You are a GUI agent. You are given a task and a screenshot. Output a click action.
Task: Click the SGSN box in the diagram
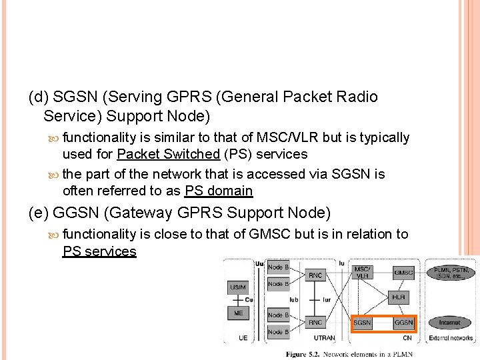(x=362, y=323)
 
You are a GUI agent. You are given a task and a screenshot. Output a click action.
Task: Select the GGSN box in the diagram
(x=404, y=323)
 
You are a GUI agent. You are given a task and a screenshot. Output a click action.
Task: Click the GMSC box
(x=403, y=272)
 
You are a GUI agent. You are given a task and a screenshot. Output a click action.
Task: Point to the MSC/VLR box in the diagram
(x=363, y=272)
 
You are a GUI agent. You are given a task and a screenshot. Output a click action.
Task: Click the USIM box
(x=238, y=287)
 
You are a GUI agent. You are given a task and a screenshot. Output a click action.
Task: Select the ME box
(x=238, y=313)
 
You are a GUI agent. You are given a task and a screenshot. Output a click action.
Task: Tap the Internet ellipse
(x=449, y=323)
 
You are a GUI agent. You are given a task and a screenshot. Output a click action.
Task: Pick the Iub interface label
(x=293, y=300)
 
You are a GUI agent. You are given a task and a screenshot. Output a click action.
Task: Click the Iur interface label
(x=326, y=300)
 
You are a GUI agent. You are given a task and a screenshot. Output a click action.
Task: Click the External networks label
(x=450, y=338)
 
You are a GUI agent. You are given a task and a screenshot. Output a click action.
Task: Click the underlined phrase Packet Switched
(x=168, y=154)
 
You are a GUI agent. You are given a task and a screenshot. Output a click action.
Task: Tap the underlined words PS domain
(x=219, y=191)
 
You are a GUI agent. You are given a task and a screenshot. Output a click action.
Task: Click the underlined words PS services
(x=99, y=251)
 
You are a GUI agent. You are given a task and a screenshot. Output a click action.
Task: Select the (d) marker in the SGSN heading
(x=39, y=97)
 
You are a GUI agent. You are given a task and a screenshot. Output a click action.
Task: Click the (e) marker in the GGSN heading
(x=39, y=213)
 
